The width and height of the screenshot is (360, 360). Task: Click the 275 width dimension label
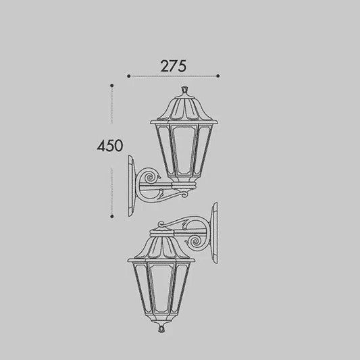174,66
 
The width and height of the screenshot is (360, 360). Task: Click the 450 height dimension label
110,146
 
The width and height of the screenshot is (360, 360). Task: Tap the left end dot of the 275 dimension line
128,76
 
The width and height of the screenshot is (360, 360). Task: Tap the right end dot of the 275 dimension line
218,76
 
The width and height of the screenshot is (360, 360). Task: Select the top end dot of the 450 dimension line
112,86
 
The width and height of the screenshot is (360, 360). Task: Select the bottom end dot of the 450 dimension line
112,216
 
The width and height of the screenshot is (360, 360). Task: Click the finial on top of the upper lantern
184,91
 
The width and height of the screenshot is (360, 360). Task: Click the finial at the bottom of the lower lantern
161,328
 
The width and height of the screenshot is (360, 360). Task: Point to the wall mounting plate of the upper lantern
131,186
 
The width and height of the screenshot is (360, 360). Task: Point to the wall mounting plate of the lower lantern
214,233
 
